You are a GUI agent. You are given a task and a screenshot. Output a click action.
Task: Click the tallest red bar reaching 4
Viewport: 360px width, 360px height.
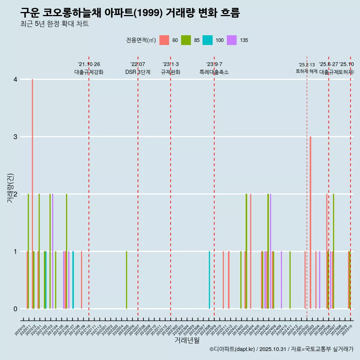[x=33, y=187]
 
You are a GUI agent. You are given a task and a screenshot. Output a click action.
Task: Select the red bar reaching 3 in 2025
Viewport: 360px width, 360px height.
[x=310, y=221]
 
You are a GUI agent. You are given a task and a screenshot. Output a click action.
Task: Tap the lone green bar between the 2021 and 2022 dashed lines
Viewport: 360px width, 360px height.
[x=126, y=280]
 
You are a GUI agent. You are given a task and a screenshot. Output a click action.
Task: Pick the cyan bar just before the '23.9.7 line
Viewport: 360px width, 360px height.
[x=209, y=280]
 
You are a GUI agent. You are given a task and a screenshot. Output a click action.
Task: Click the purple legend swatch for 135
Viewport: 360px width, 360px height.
[x=232, y=40]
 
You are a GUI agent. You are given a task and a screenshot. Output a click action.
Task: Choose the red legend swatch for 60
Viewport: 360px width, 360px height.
[x=164, y=40]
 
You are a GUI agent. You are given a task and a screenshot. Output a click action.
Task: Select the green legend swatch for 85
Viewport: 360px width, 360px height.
[x=186, y=40]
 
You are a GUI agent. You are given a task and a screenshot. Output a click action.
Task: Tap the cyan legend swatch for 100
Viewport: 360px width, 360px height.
[x=207, y=40]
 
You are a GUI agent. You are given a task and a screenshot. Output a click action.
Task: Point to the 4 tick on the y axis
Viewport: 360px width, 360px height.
[x=15, y=79]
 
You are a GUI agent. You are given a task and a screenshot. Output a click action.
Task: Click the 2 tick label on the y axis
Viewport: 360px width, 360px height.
[x=15, y=194]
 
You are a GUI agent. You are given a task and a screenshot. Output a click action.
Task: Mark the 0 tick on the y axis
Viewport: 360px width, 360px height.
[x=15, y=309]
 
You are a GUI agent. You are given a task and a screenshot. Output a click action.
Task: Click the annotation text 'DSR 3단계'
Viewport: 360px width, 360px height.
[x=138, y=72]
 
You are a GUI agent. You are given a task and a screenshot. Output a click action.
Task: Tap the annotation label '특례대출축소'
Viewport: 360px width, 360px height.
[x=214, y=72]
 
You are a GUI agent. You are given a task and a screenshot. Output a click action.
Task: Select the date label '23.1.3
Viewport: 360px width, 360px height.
[x=171, y=64]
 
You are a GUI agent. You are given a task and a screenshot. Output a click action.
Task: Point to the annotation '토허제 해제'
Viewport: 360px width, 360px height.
[x=307, y=71]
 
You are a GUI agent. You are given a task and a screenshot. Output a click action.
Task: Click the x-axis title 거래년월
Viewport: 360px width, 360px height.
[x=187, y=340]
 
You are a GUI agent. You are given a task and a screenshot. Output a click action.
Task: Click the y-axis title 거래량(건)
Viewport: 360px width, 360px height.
[x=10, y=188]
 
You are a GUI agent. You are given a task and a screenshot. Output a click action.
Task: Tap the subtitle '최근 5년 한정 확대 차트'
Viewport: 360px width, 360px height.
[x=54, y=24]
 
